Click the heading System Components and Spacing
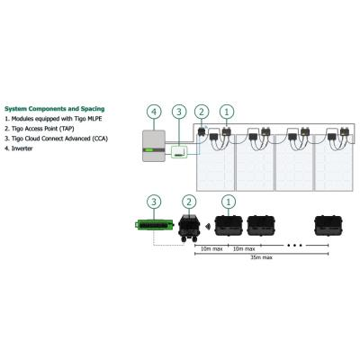click(55, 109)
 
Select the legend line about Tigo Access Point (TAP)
click(40, 129)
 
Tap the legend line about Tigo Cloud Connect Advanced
click(56, 139)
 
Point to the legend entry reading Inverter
click(19, 148)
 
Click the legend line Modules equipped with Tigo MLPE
click(53, 119)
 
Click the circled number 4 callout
click(154, 112)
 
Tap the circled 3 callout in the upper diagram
click(179, 112)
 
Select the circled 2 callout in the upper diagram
click(202, 112)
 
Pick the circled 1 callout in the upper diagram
click(227, 112)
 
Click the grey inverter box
click(154, 146)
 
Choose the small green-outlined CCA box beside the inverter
click(179, 152)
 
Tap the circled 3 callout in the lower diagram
click(154, 202)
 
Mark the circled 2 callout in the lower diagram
click(189, 202)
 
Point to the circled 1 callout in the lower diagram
click(229, 202)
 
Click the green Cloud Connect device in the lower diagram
click(155, 224)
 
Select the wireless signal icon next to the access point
click(208, 226)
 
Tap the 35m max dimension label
click(262, 257)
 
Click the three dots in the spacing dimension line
click(294, 246)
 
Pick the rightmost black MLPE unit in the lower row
click(328, 226)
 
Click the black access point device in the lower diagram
click(189, 228)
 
